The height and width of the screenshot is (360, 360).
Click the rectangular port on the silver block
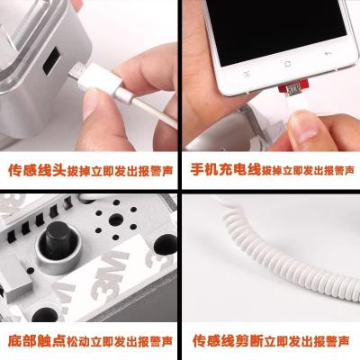pos(52,60)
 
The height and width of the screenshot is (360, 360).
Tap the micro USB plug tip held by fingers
pos(76,71)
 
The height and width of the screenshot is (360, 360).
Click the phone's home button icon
pos(288,64)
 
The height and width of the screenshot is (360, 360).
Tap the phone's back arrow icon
pos(328,53)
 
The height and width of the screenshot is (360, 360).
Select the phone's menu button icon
pos(247,74)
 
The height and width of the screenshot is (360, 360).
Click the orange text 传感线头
pos(37,170)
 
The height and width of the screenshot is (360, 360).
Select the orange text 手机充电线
pos(225,169)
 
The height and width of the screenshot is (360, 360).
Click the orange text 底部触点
pos(37,341)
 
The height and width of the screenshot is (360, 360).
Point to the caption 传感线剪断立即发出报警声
pos(271,341)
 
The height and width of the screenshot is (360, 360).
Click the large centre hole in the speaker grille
pos(116,220)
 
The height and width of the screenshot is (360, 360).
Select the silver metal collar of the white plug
pos(123,94)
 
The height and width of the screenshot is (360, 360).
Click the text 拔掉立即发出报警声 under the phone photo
pos(308,170)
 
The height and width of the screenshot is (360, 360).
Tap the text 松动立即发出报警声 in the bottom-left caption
pos(120,341)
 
